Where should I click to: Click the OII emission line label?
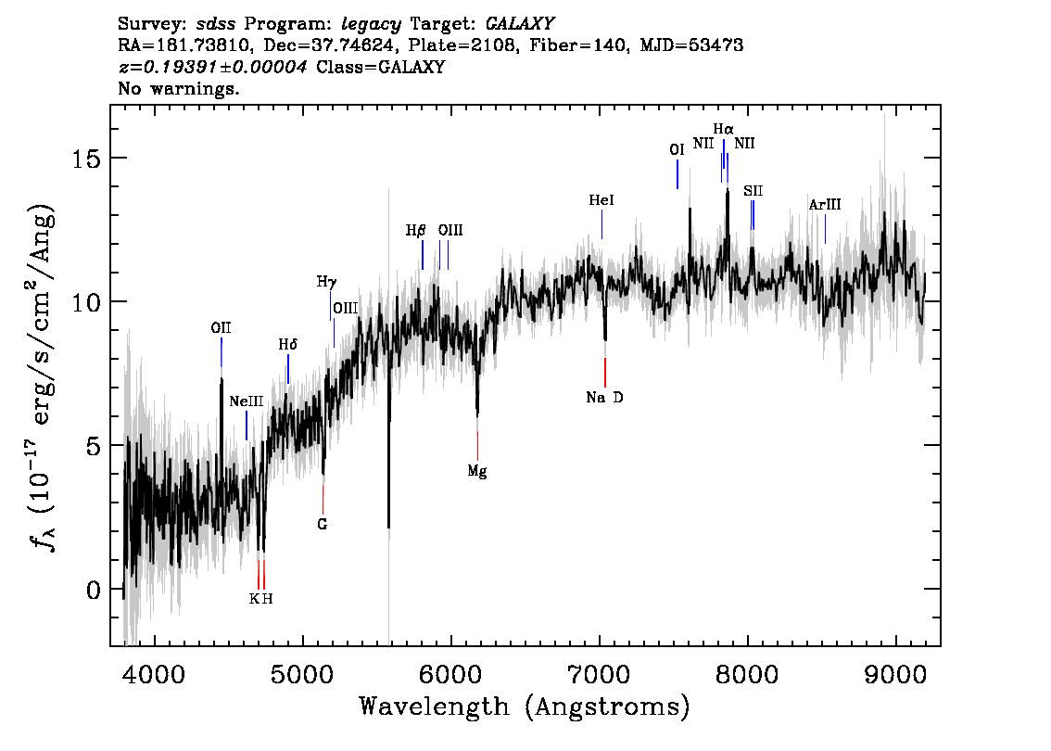221,328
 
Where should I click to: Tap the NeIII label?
246,401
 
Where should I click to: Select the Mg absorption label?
477,471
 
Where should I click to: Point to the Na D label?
604,398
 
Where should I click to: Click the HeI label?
601,200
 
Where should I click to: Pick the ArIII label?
825,205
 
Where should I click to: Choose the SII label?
753,191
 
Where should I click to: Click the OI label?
677,150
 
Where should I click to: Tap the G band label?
323,525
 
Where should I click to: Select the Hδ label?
287,345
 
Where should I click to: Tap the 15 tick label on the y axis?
86,159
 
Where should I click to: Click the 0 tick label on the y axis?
94,590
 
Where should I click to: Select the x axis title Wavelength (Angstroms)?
525,707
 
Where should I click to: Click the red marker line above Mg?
477,446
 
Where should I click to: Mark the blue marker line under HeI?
601,224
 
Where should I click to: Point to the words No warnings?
179,88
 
